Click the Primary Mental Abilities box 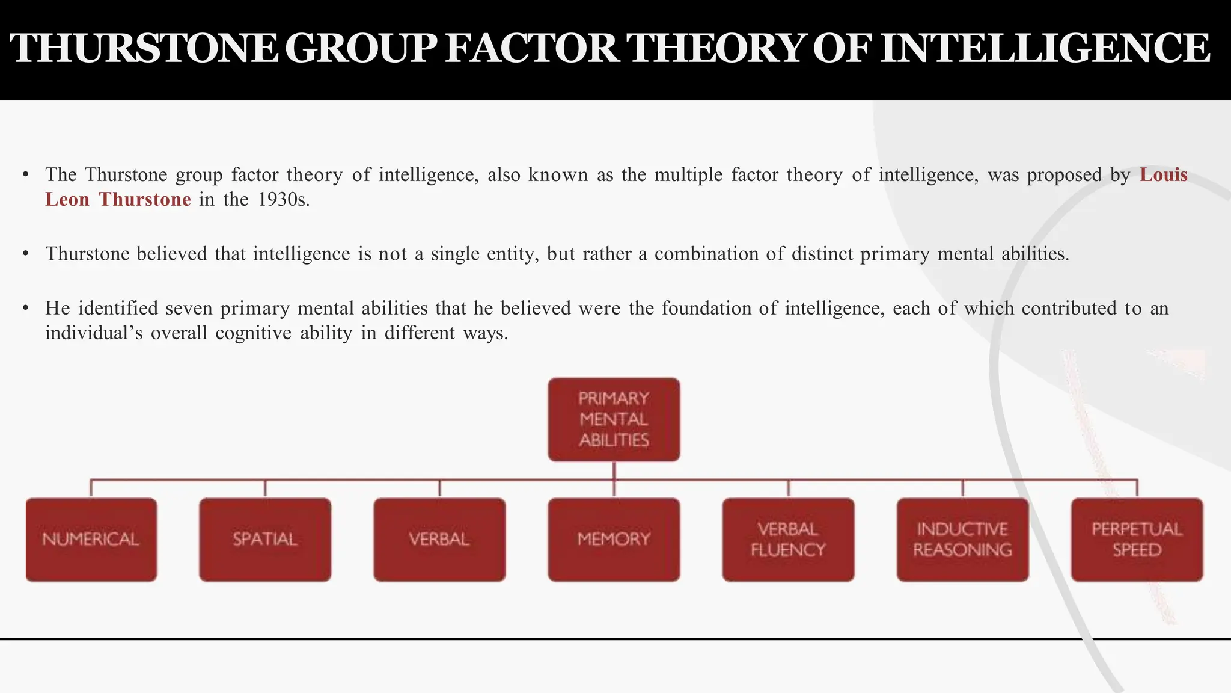(x=614, y=419)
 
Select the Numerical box (x=91, y=539)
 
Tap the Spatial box (x=265, y=539)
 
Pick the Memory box (x=614, y=539)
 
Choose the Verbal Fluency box (x=788, y=539)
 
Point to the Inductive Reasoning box (x=962, y=539)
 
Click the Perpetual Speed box (x=1137, y=539)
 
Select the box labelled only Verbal (x=439, y=539)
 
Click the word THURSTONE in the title (x=144, y=48)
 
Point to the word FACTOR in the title (x=533, y=48)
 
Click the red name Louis (x=1164, y=175)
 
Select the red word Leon (x=67, y=200)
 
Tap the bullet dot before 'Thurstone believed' (x=26, y=254)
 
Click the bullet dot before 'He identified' (x=26, y=309)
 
